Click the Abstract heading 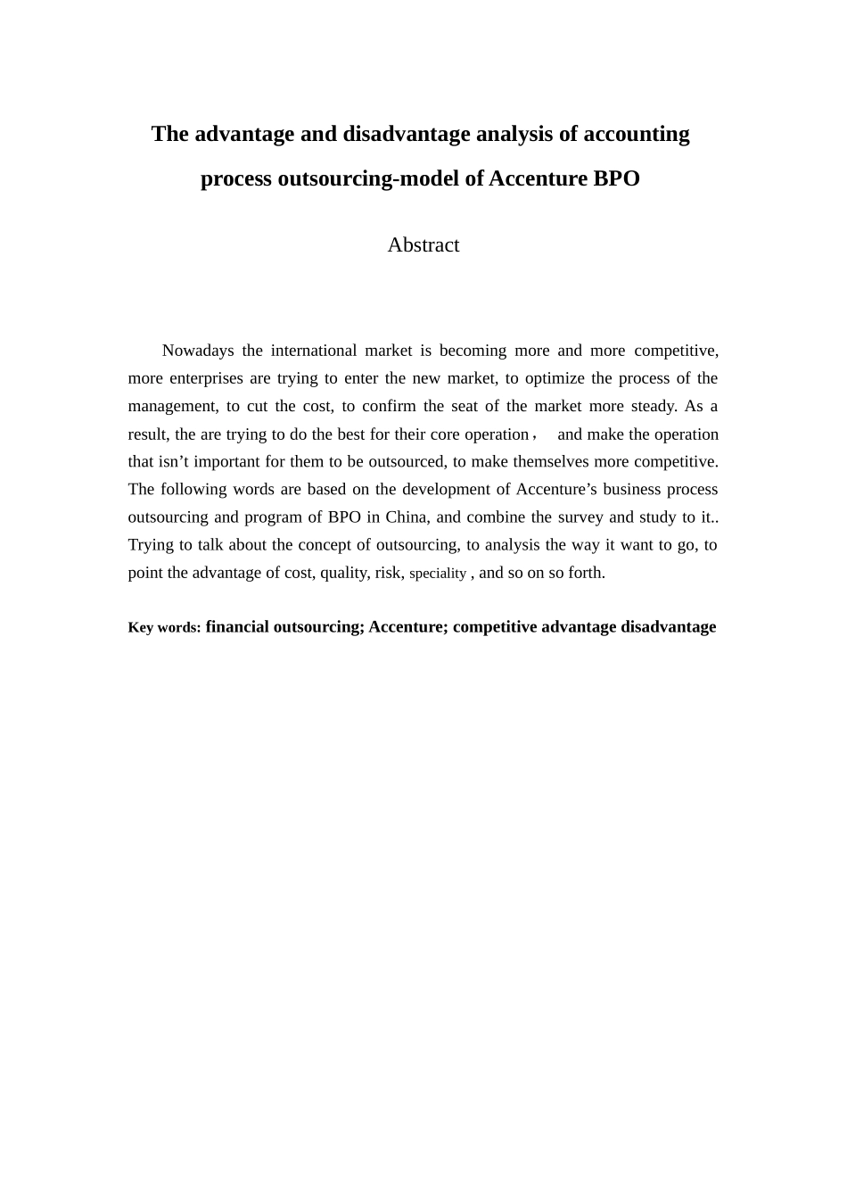click(x=423, y=245)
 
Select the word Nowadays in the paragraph click(x=197, y=351)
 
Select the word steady click(x=654, y=406)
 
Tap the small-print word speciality click(x=437, y=574)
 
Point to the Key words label click(x=164, y=627)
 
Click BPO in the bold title click(x=616, y=178)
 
